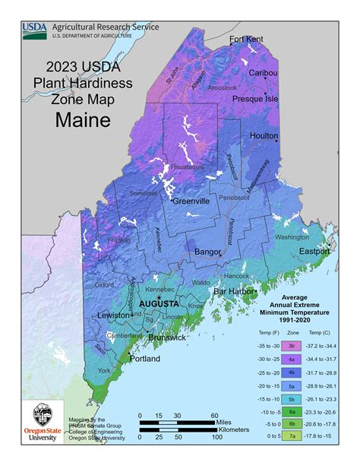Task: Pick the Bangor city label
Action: coord(208,250)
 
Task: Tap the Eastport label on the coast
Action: coord(314,251)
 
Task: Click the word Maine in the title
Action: coord(84,119)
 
